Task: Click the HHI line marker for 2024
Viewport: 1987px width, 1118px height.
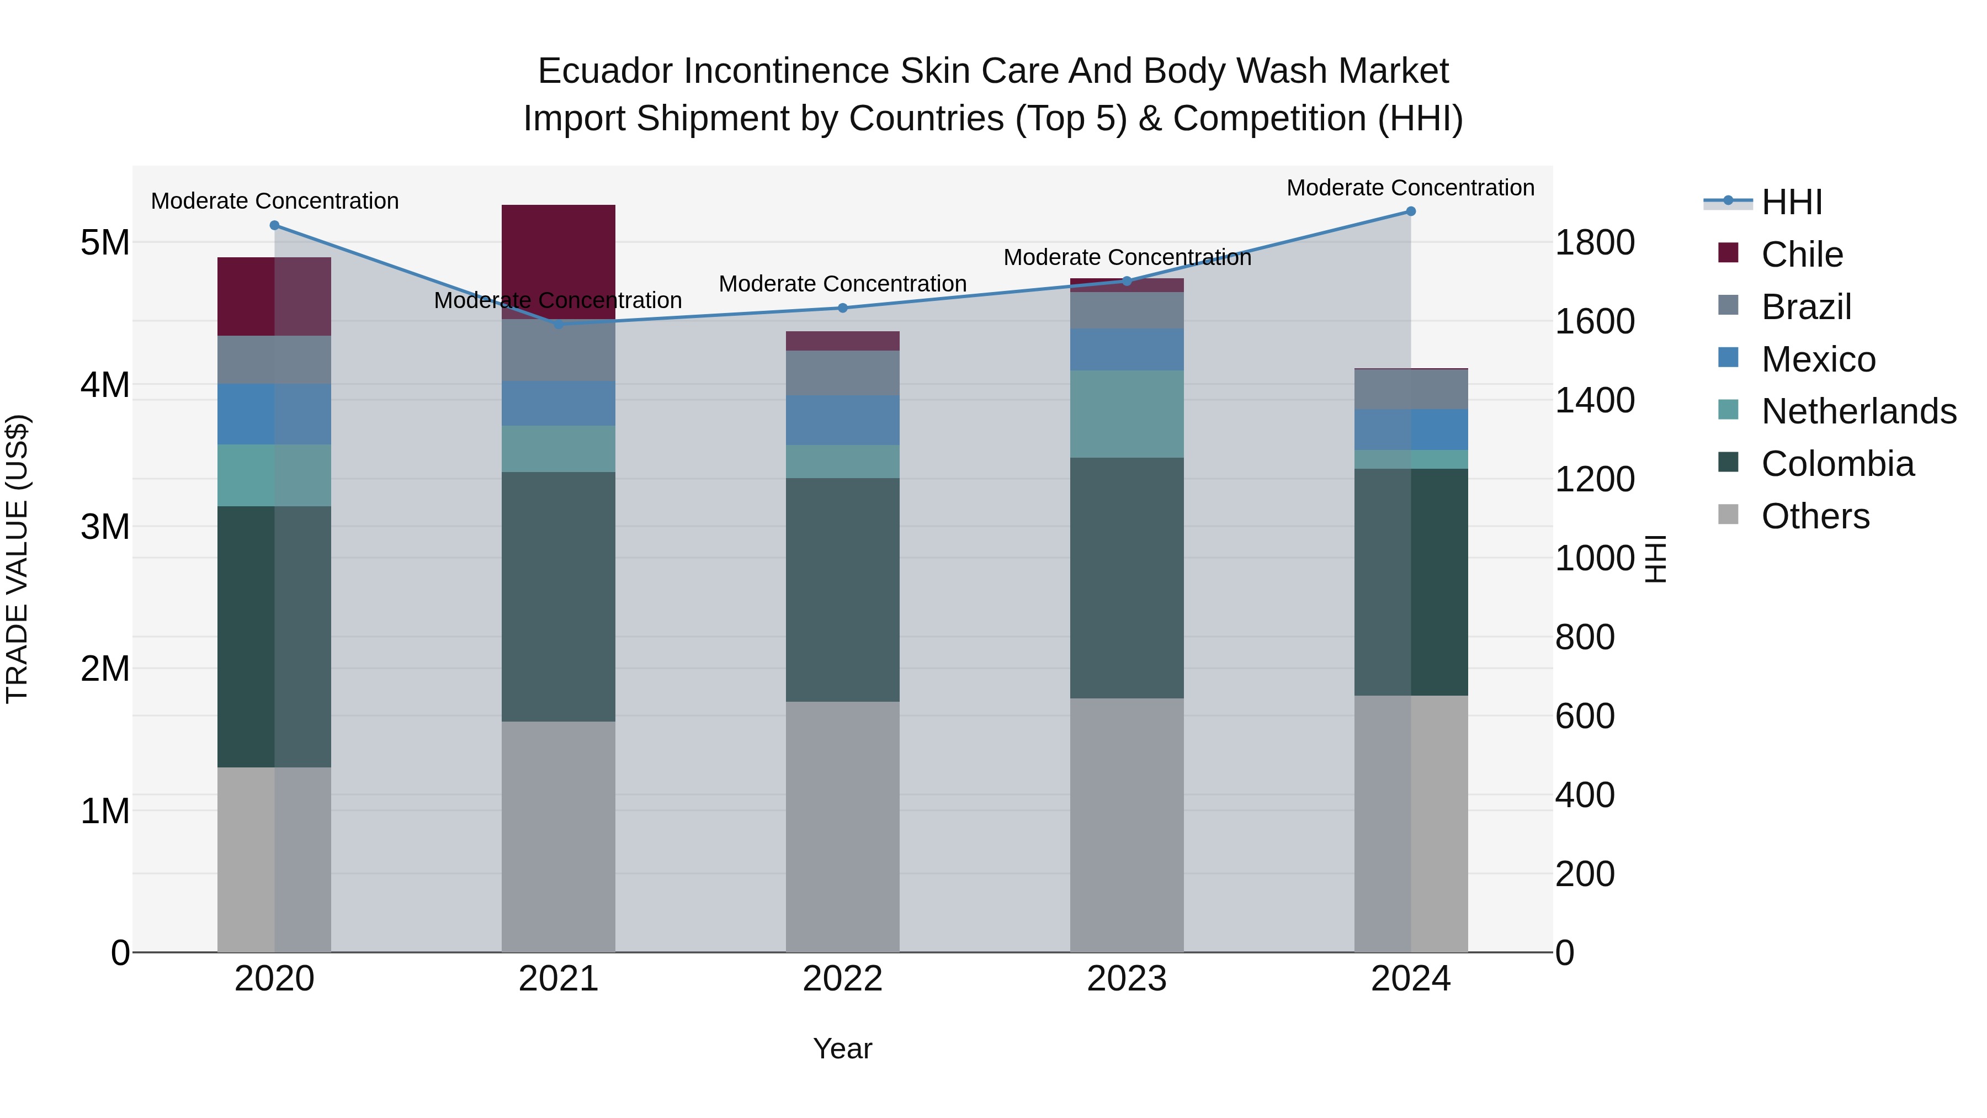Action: click(1410, 211)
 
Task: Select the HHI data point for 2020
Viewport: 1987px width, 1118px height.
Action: click(275, 225)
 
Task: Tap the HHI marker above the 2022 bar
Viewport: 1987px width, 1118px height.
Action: click(842, 308)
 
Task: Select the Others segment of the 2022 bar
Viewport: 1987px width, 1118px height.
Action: click(842, 825)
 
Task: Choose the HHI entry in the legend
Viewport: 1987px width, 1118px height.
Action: click(1792, 202)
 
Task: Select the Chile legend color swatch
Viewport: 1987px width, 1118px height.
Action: click(1728, 253)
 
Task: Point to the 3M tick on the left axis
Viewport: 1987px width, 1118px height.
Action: click(105, 527)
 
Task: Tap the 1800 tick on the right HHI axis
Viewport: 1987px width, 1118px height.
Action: click(1593, 242)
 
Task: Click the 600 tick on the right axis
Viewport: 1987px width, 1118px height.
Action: click(1584, 716)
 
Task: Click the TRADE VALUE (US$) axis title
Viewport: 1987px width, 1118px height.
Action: click(17, 559)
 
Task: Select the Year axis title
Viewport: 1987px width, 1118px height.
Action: click(842, 1048)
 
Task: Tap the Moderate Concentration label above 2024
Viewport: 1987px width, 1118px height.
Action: click(1410, 188)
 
